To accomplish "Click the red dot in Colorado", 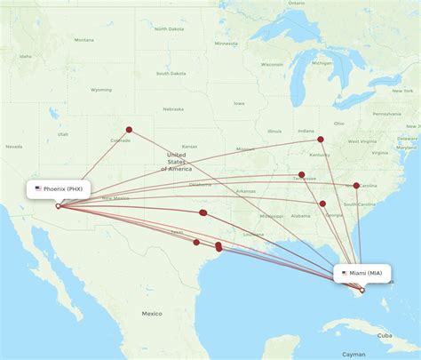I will [x=129, y=130].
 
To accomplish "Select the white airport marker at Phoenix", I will [x=58, y=206].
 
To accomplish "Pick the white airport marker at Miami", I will [x=361, y=291].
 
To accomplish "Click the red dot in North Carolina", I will [x=356, y=186].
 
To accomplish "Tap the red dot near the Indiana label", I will [x=321, y=139].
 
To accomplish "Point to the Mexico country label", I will [x=151, y=313].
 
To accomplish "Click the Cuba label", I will [x=385, y=335].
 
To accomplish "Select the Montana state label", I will [x=83, y=40].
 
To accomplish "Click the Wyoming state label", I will [x=101, y=89].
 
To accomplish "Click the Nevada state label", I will [x=14, y=146].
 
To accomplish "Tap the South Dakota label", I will [x=171, y=73].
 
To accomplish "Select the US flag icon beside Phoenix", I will [x=38, y=188].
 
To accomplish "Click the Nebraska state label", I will [x=174, y=109].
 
